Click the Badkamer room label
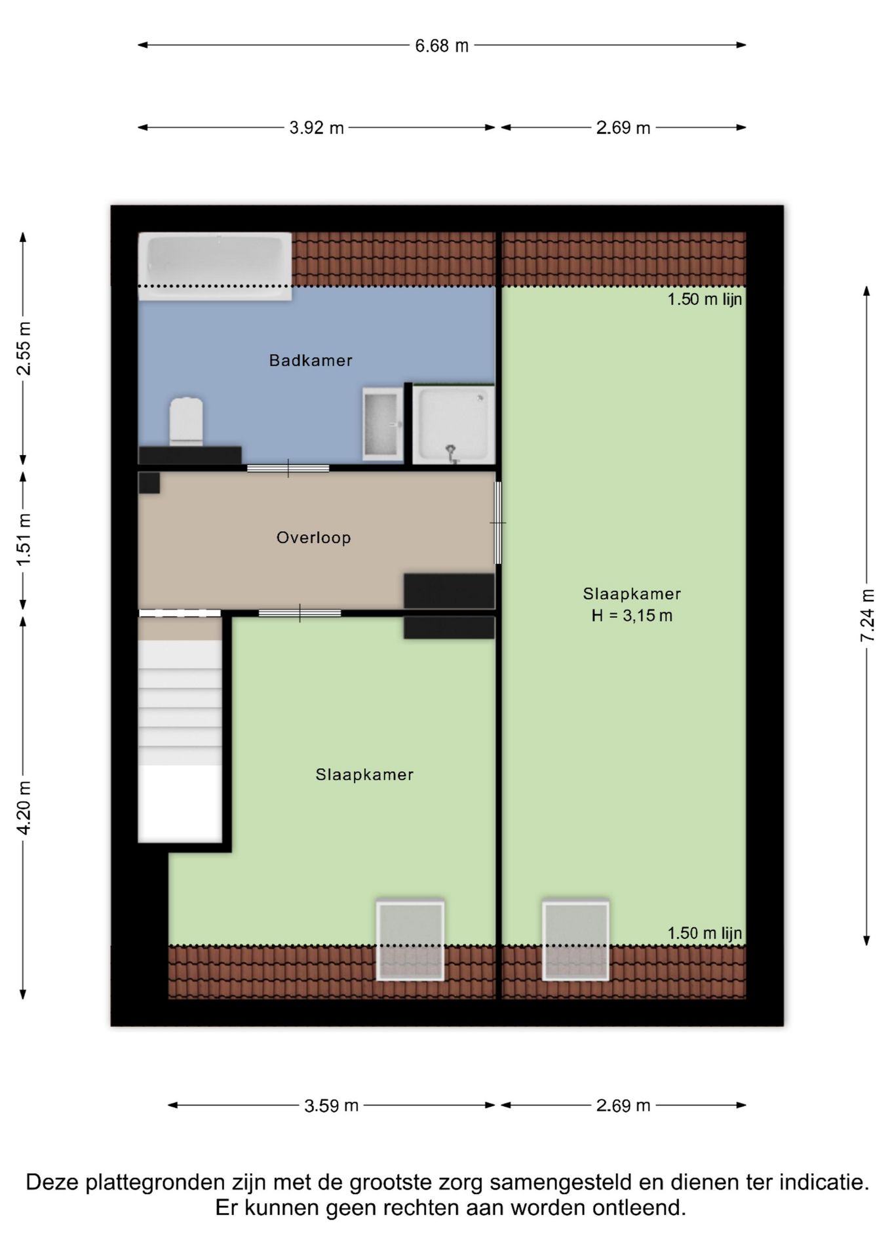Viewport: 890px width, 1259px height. (x=311, y=360)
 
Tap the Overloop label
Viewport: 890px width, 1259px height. (x=313, y=538)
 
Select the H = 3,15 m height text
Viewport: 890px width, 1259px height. (x=632, y=616)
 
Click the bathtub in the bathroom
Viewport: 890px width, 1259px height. (x=215, y=266)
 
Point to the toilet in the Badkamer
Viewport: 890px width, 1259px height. (x=186, y=420)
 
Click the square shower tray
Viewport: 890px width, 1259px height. (x=454, y=424)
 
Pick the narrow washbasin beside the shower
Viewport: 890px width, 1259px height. (x=382, y=423)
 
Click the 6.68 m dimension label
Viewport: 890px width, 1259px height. (x=442, y=46)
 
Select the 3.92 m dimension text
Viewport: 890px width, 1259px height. (x=317, y=128)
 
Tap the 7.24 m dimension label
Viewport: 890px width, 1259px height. (x=867, y=616)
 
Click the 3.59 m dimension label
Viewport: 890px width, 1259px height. (x=331, y=1106)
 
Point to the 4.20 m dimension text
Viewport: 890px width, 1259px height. (x=24, y=808)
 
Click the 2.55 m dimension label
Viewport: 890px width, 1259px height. (x=24, y=348)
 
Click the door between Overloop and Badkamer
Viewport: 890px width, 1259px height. (x=288, y=468)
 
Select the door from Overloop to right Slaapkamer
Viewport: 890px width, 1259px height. (x=498, y=523)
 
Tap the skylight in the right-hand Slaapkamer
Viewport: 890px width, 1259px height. (x=575, y=940)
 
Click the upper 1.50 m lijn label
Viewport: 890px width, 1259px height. (x=705, y=300)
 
